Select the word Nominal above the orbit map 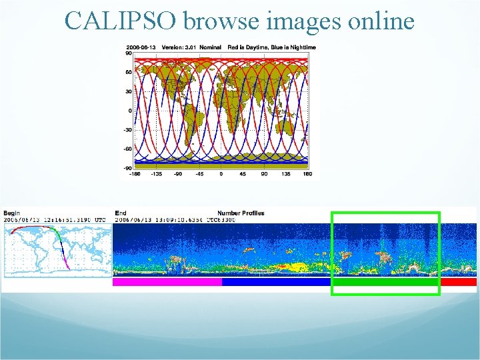[x=210, y=47]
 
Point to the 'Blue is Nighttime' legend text [x=291, y=47]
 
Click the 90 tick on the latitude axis [x=129, y=54]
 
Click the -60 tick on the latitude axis [x=127, y=149]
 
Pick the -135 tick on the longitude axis [x=156, y=174]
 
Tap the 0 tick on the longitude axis [x=221, y=174]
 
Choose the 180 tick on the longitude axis [x=307, y=174]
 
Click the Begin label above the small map [x=11, y=213]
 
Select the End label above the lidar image [x=121, y=213]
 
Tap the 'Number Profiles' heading [x=241, y=213]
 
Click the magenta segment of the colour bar [x=167, y=282]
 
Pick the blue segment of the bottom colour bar [x=276, y=282]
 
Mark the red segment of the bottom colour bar [x=459, y=282]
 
